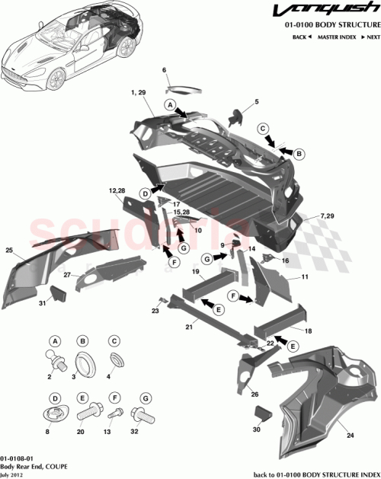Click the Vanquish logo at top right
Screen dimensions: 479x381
tap(333, 12)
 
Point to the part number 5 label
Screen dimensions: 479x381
tap(257, 101)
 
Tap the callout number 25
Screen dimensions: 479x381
tap(9, 250)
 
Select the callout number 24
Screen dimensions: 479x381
tap(351, 436)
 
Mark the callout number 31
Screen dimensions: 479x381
tap(43, 304)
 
